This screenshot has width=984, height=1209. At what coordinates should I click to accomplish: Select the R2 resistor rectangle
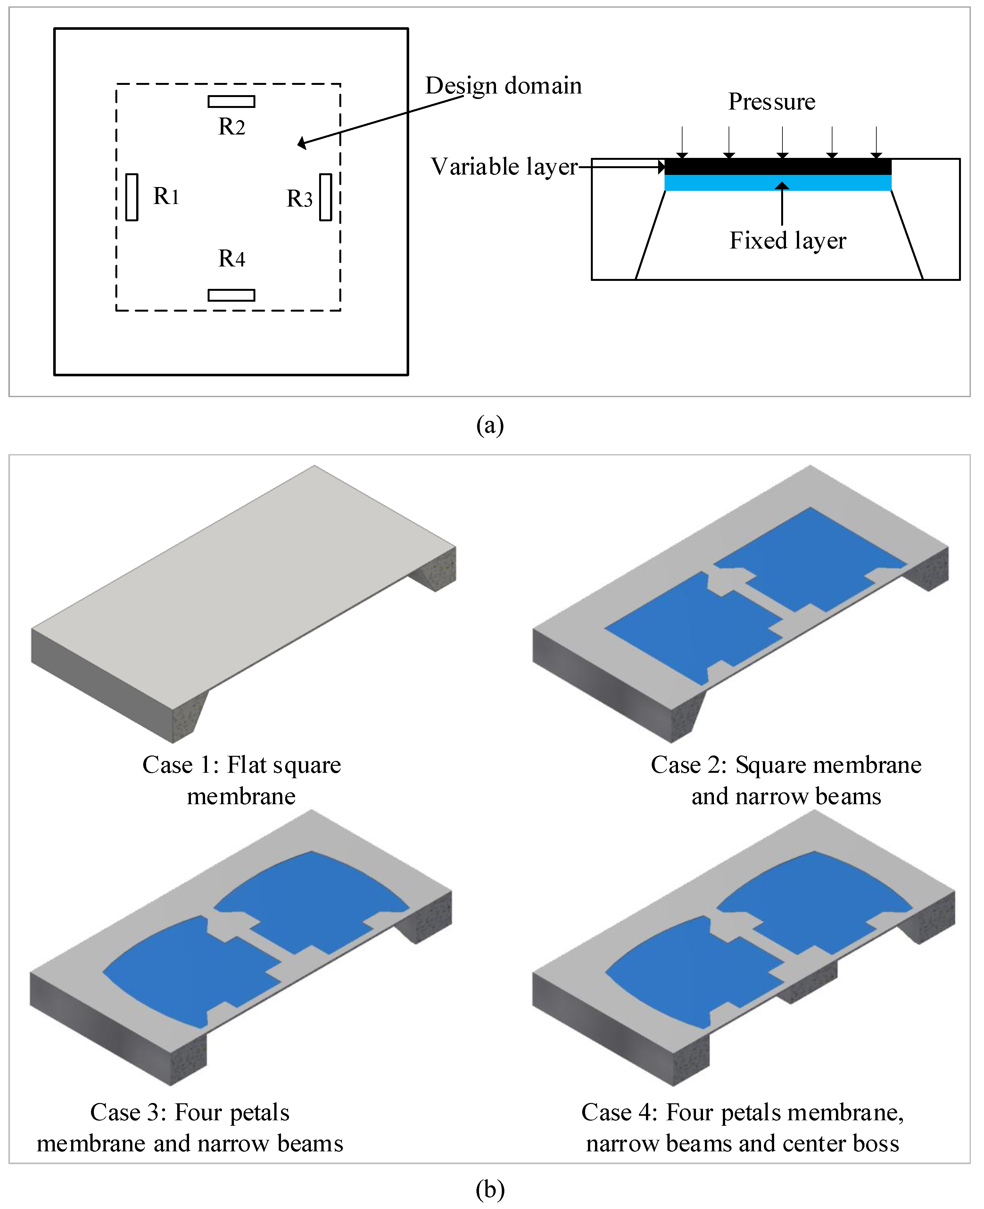pyautogui.click(x=231, y=102)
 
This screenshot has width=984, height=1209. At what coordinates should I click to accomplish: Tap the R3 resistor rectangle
pyautogui.click(x=325, y=197)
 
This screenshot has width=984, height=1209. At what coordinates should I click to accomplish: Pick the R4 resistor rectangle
pyautogui.click(x=231, y=295)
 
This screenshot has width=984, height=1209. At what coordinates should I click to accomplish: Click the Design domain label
pyautogui.click(x=503, y=86)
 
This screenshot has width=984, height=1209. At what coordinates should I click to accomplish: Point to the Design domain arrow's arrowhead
pyautogui.click(x=301, y=143)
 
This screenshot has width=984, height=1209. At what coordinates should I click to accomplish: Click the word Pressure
pyautogui.click(x=772, y=102)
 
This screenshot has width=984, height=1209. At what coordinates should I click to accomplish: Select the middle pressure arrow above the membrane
pyautogui.click(x=782, y=142)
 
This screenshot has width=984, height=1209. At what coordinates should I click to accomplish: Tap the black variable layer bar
pyautogui.click(x=778, y=167)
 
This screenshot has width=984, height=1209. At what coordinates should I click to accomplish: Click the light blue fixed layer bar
pyautogui.click(x=778, y=183)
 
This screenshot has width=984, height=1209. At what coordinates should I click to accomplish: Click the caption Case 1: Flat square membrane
pyautogui.click(x=242, y=780)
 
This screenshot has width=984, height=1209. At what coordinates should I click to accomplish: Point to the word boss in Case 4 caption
pyautogui.click(x=876, y=1143)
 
